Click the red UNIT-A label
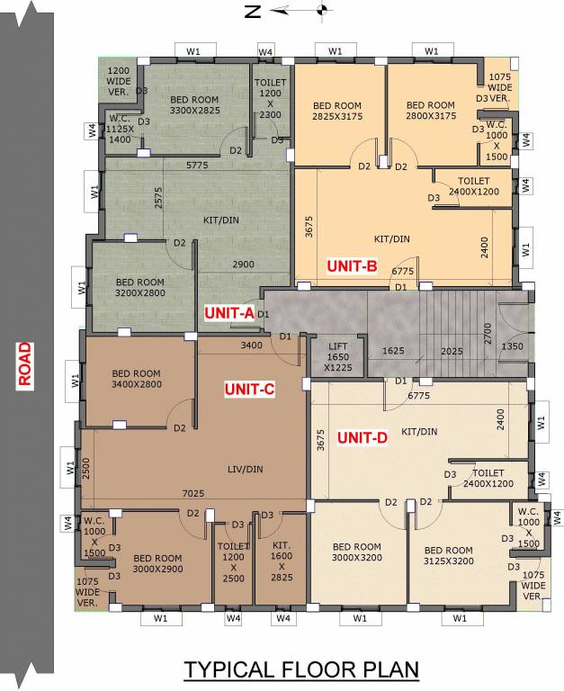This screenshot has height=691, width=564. tap(229, 313)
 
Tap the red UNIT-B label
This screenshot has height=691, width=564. tap(352, 266)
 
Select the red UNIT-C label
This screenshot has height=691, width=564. tap(249, 389)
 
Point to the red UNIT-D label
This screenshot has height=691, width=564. tap(363, 438)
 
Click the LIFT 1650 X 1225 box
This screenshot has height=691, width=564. tap(336, 356)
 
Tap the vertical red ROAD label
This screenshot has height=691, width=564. tap(26, 363)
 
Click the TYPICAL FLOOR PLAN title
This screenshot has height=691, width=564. tap(301, 669)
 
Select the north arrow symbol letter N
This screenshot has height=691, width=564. tap(253, 12)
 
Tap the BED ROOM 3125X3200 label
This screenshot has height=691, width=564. tap(448, 556)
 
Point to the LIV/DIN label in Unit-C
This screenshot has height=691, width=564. tap(245, 469)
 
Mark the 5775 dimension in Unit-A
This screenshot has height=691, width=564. tap(197, 165)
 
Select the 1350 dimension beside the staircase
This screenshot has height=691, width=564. tap(512, 346)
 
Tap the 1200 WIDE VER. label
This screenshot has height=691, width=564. tap(120, 81)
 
